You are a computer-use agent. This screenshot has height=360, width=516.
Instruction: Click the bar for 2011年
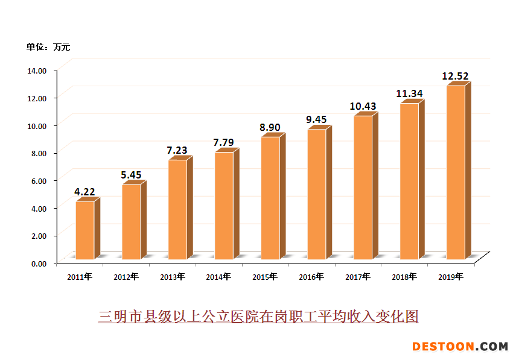pyautogui.click(x=84, y=230)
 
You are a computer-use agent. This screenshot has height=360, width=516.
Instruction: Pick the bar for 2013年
pyautogui.click(x=177, y=209)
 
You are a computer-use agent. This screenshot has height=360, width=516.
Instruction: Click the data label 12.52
pyautogui.click(x=455, y=77)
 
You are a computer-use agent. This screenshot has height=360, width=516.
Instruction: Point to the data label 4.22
pyautogui.click(x=84, y=192)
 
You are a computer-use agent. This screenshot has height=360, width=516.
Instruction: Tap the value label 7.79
pyautogui.click(x=223, y=143)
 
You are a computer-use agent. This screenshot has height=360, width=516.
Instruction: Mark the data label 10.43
pyautogui.click(x=363, y=107)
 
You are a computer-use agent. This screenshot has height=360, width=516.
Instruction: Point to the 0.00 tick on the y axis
pyautogui.click(x=38, y=264)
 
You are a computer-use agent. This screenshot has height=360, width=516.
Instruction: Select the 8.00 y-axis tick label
pyautogui.click(x=38, y=153)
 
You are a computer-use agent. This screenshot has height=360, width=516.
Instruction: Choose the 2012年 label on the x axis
pyautogui.click(x=126, y=277)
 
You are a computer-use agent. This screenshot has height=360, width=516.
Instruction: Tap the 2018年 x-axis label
pyautogui.click(x=404, y=277)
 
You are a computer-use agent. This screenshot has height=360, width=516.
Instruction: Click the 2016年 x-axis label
pyautogui.click(x=311, y=277)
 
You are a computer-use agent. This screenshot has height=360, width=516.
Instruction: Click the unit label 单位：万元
pyautogui.click(x=48, y=46)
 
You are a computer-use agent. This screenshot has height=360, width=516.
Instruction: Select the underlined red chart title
pyautogui.click(x=258, y=316)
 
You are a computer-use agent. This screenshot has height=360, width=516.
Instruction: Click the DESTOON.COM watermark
pyautogui.click(x=460, y=346)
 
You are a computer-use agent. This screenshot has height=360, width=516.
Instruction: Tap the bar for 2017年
pyautogui.click(x=363, y=188)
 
